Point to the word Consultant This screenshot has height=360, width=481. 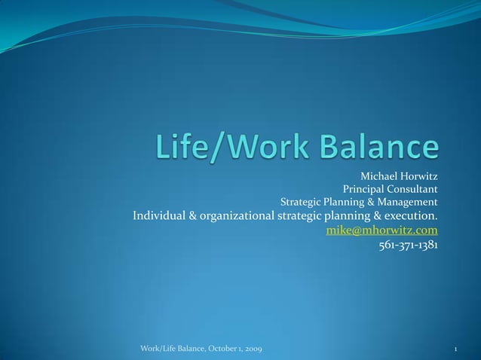[x=413, y=190]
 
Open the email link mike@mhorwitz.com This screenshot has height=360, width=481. [x=381, y=230]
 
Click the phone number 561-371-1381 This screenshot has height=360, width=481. [x=407, y=245]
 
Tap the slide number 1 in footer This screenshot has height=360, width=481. [x=458, y=349]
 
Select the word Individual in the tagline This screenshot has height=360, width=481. [x=159, y=217]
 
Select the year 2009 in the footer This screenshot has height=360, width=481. [x=253, y=349]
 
